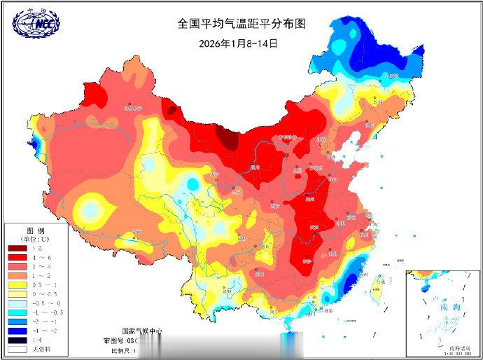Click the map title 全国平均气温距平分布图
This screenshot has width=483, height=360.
click(241, 23)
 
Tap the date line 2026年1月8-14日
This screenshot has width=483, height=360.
click(239, 43)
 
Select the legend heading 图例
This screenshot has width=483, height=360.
click(36, 230)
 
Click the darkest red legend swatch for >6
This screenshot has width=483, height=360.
click(17, 248)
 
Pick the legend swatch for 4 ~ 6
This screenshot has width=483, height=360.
click(17, 258)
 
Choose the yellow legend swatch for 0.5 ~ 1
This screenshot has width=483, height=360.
click(17, 286)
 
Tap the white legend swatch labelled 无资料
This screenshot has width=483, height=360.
click(17, 349)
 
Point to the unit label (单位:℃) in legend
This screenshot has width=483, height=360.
click(36, 239)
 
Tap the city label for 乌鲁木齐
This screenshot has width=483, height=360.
click(132, 109)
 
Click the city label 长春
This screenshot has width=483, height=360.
click(378, 102)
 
